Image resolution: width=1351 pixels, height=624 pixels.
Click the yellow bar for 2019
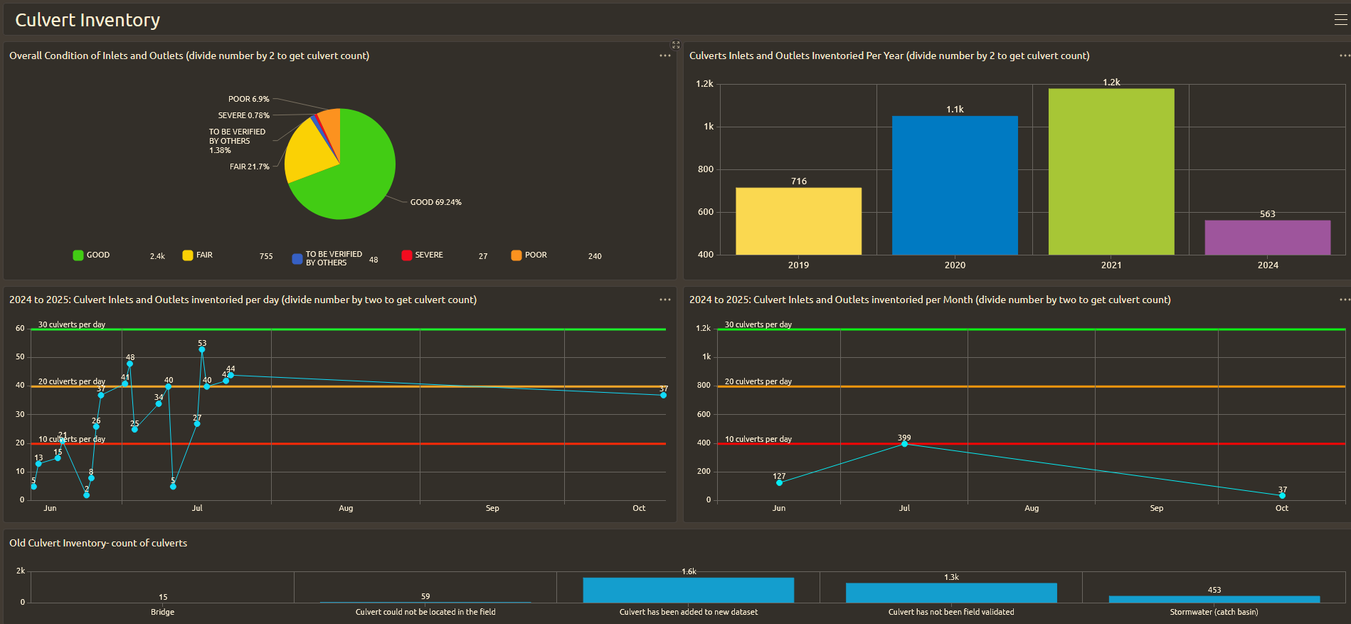(x=798, y=221)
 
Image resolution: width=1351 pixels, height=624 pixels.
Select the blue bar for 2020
(x=955, y=185)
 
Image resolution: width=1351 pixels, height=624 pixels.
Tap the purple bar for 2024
(x=1268, y=237)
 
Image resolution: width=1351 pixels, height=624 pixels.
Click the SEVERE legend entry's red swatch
(x=407, y=255)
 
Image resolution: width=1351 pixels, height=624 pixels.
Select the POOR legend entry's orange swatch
(x=516, y=255)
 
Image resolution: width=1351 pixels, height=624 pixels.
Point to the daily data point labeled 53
(x=202, y=349)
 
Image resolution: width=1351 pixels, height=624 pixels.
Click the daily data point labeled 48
(x=129, y=364)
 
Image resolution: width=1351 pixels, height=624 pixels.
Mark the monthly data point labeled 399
(x=904, y=443)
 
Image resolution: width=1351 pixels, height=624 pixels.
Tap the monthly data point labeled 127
(x=779, y=482)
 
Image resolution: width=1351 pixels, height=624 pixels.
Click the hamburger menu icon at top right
(x=1341, y=20)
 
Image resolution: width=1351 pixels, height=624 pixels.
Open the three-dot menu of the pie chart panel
(x=665, y=55)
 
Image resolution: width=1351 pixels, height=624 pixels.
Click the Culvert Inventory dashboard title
(x=88, y=20)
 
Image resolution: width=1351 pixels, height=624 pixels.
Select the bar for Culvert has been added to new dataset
(x=688, y=590)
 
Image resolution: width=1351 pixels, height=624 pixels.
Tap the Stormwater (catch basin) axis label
(x=1214, y=612)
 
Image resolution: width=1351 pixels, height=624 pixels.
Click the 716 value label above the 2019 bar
(x=799, y=181)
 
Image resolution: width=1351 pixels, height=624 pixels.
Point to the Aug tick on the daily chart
(x=346, y=508)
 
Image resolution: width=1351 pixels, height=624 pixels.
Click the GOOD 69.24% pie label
(x=435, y=202)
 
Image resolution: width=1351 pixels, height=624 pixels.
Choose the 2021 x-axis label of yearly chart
(x=1111, y=265)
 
